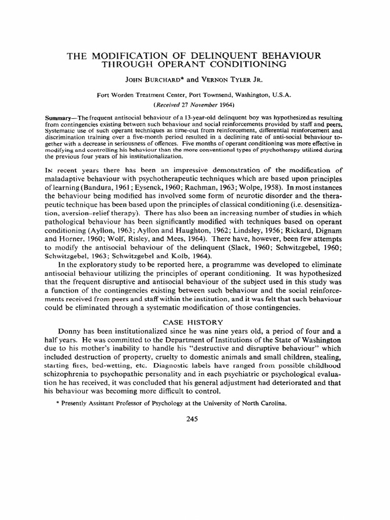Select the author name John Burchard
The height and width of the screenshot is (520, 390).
tap(148, 80)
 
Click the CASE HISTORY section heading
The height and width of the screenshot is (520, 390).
tap(196, 322)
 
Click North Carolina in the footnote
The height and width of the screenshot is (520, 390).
tap(261, 404)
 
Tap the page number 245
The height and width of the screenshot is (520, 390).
tap(195, 419)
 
